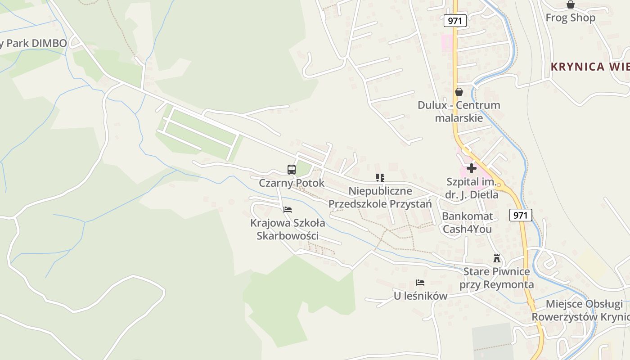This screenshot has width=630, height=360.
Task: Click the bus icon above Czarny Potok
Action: [x=292, y=170]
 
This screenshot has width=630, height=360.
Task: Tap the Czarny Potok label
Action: [x=292, y=183]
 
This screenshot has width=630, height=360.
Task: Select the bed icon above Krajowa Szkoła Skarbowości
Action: [x=288, y=210]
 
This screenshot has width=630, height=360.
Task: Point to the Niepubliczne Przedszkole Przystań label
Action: [x=380, y=198]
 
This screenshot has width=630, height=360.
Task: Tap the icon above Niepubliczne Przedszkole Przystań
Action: [x=380, y=178]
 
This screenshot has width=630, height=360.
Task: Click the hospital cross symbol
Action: [x=472, y=168]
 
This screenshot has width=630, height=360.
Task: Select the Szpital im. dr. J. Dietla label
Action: [x=472, y=189]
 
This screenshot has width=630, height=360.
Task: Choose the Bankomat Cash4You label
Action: [x=468, y=222]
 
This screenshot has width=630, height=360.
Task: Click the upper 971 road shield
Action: [x=455, y=20]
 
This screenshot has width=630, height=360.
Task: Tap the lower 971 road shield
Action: [x=521, y=215]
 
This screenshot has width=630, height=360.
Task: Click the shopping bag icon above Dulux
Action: [x=459, y=92]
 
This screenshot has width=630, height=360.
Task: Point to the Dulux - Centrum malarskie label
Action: [x=459, y=112]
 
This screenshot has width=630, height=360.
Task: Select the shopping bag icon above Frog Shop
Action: [x=571, y=4]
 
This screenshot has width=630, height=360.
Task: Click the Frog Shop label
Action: [x=571, y=18]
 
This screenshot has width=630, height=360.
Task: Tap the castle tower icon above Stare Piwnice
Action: [x=497, y=258]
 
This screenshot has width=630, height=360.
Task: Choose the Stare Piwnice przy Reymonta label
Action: [x=497, y=278]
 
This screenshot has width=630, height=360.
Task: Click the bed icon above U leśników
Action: [x=420, y=283]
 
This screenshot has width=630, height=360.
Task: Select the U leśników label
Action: [x=420, y=296]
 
